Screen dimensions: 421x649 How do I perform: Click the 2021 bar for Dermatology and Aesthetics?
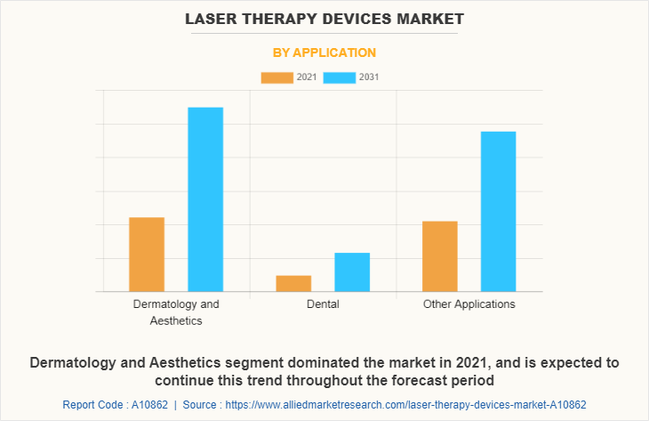point(147,255)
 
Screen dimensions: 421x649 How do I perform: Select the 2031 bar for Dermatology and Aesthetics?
point(205,199)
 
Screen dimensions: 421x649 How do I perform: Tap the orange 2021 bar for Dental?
point(293,283)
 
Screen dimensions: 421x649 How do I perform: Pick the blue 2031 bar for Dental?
point(352,272)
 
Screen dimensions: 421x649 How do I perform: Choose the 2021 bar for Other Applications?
point(440,256)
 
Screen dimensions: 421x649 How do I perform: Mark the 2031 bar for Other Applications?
point(499,212)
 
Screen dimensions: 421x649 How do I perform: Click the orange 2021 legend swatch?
point(276,77)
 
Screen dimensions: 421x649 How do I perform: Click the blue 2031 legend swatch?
point(340,77)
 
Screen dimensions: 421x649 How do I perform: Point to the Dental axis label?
point(323,304)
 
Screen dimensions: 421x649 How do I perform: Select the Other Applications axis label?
point(469,304)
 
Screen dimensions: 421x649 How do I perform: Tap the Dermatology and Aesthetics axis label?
point(176,312)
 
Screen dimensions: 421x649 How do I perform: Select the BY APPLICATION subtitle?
point(324,53)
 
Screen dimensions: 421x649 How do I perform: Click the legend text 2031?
point(370,77)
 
